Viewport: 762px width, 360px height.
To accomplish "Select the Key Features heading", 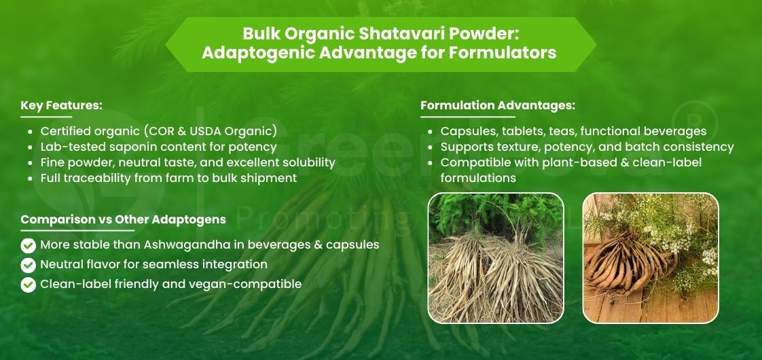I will pyautogui.click(x=61, y=106).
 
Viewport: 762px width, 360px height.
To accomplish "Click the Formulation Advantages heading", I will pyautogui.click(x=498, y=106).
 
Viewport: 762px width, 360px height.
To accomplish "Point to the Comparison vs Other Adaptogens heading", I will pyautogui.click(x=123, y=220).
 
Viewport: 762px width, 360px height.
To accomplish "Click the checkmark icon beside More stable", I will pyautogui.click(x=29, y=245).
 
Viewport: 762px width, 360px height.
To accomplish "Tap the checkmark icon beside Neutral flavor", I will pyautogui.click(x=29, y=265).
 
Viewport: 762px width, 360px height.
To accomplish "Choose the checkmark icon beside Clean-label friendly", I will pyautogui.click(x=29, y=285).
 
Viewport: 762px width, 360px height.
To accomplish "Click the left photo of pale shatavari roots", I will pyautogui.click(x=495, y=257).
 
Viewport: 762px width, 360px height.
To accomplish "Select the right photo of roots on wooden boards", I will pyautogui.click(x=650, y=257).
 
